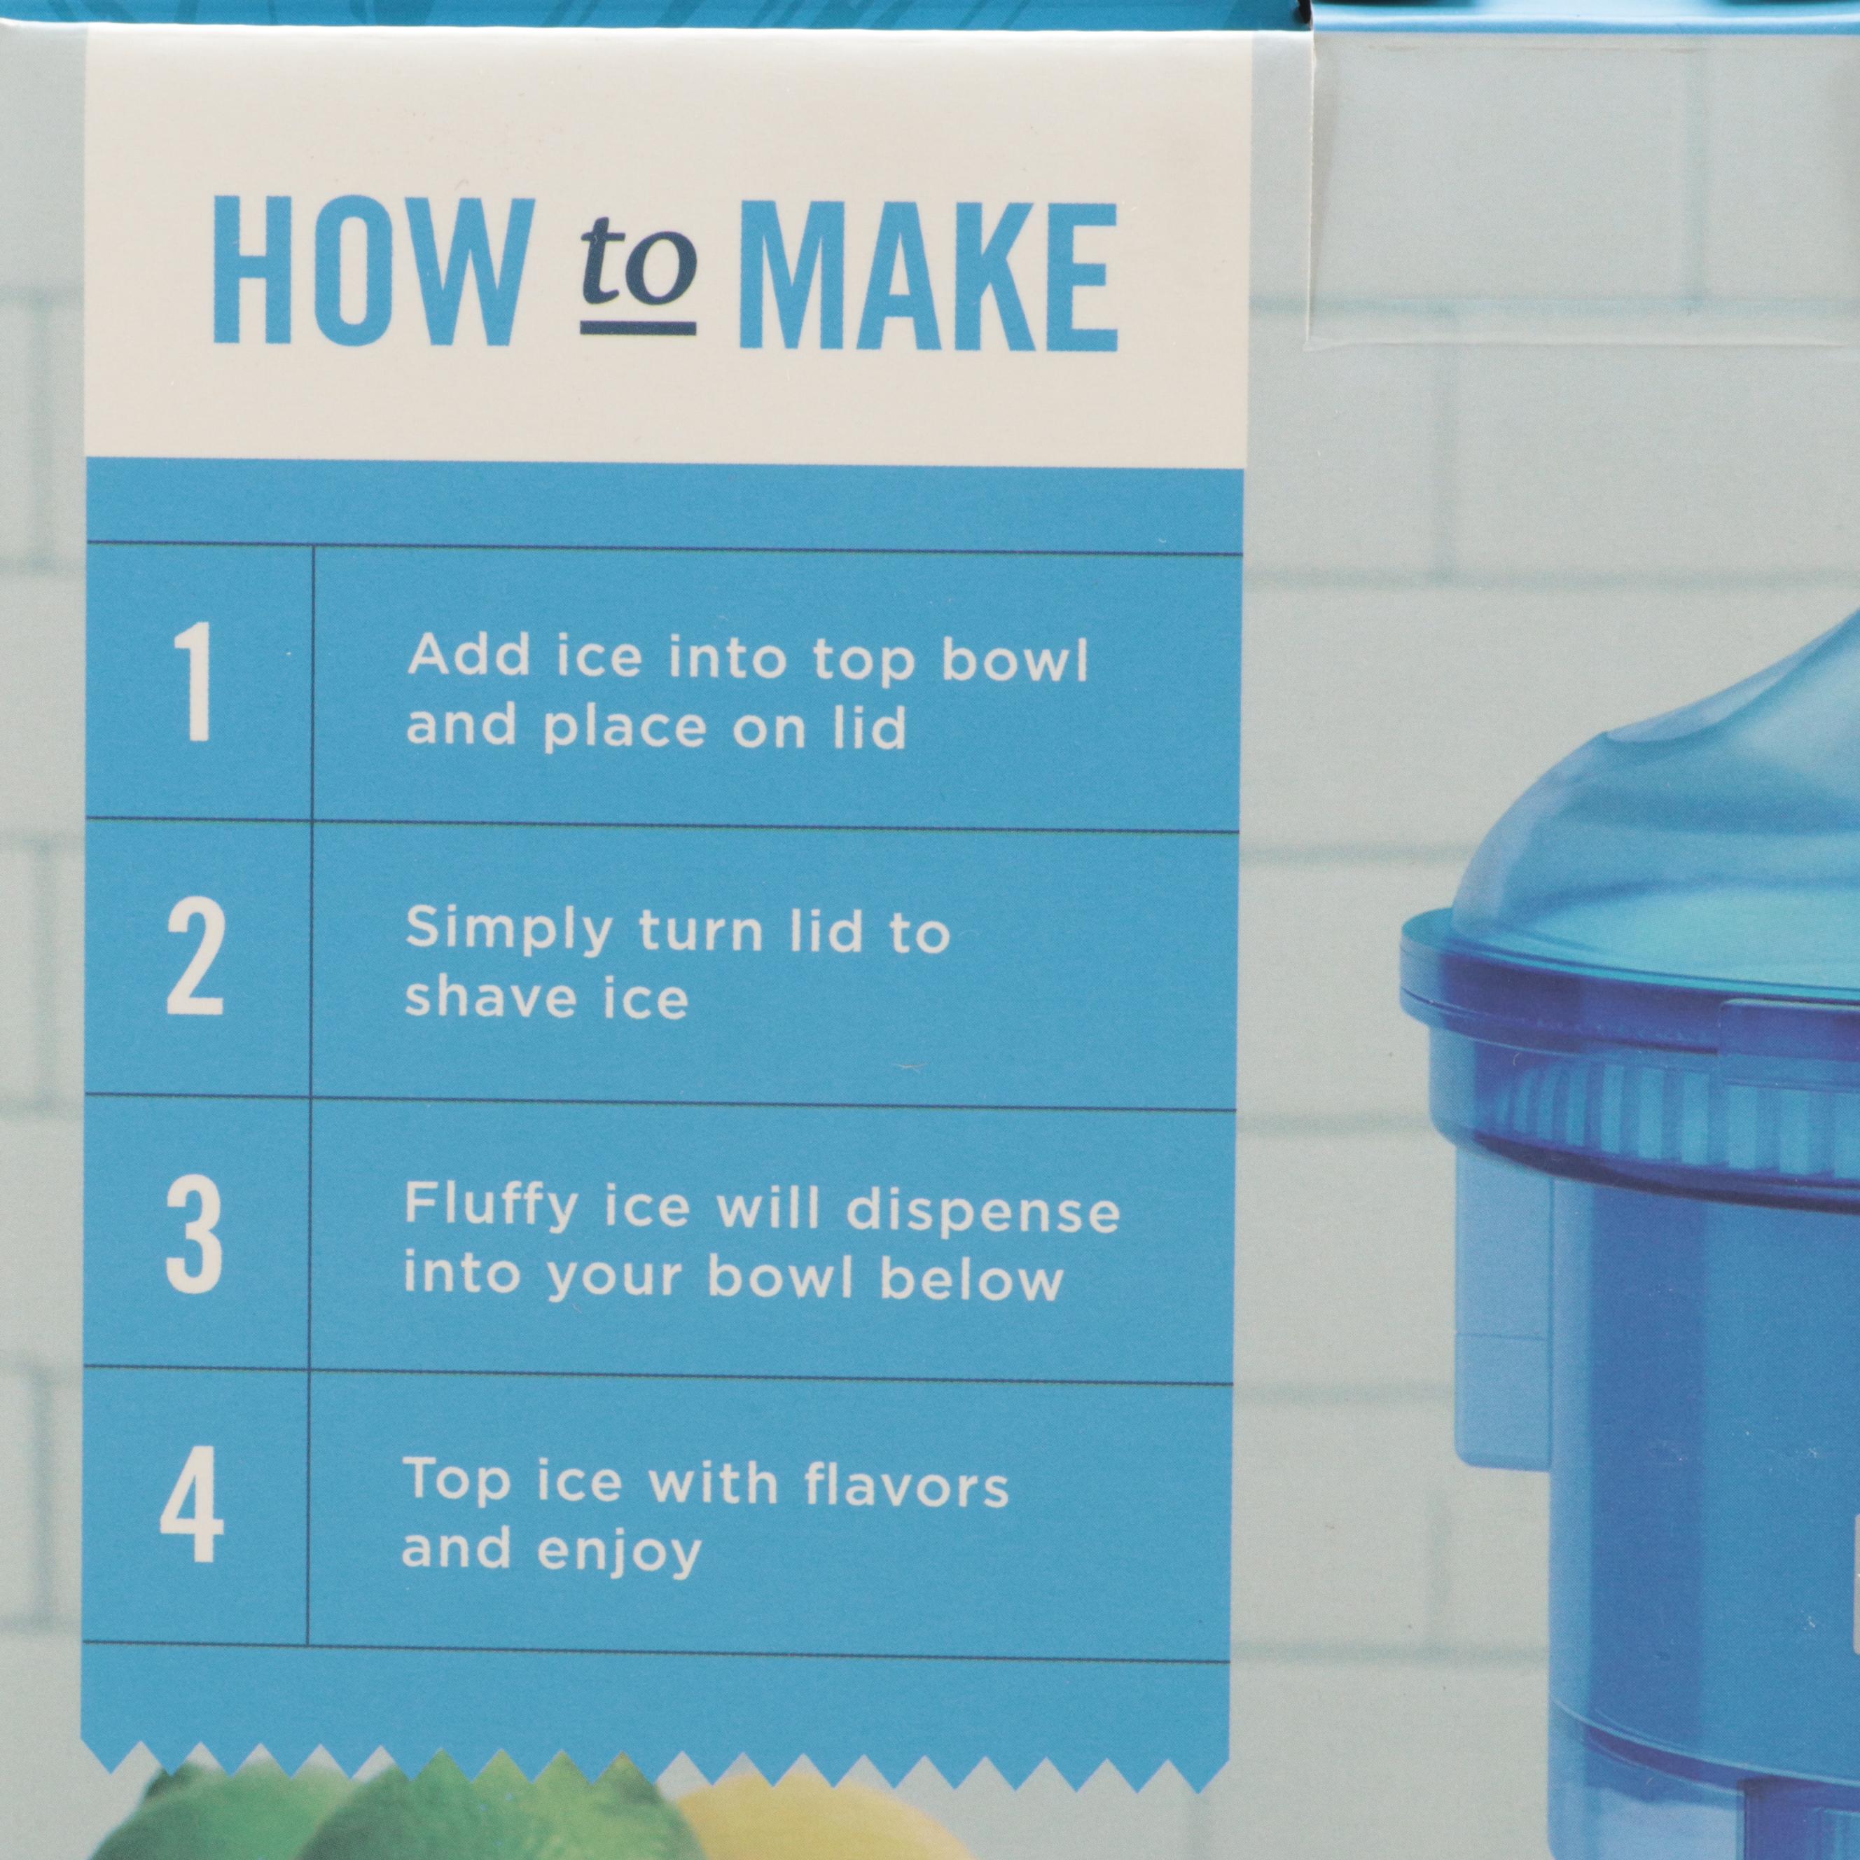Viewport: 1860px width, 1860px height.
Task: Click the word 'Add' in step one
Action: pos(469,657)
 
